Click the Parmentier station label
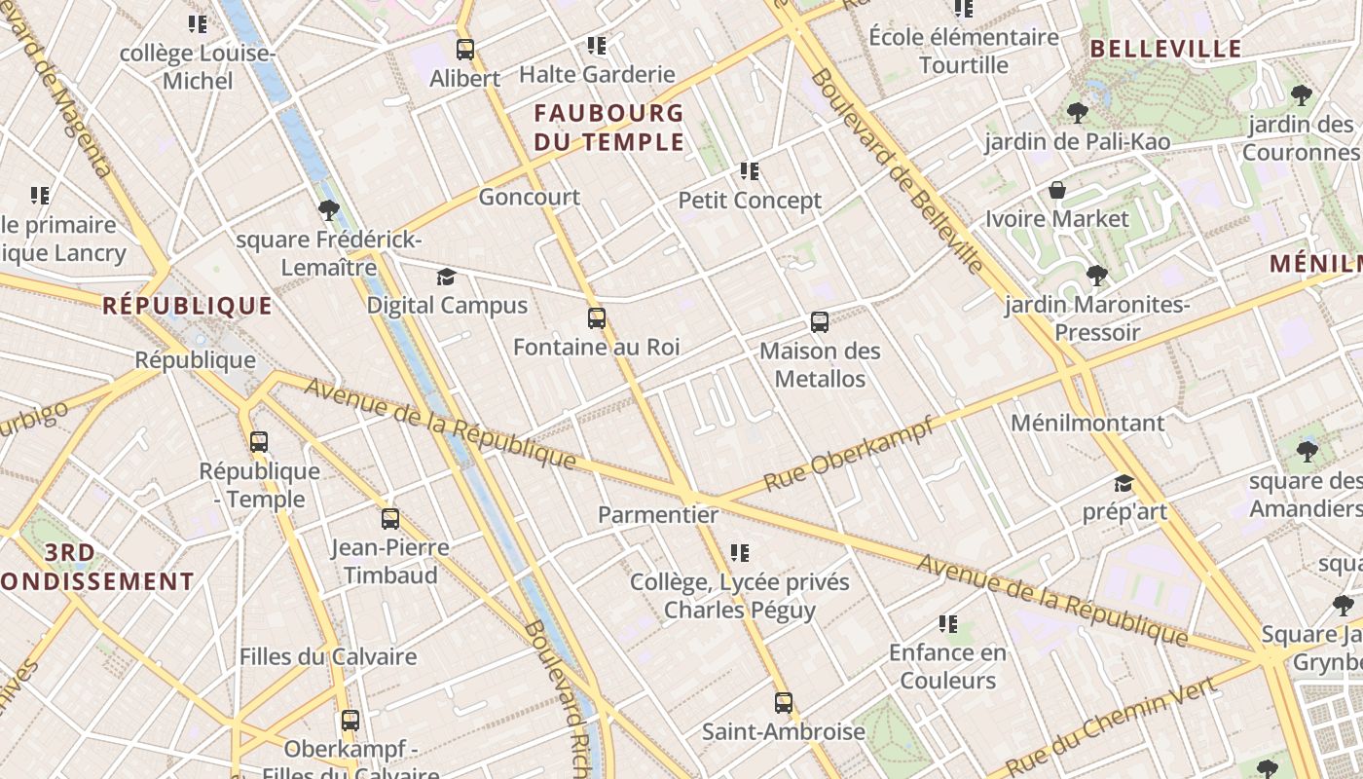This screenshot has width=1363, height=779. (658, 514)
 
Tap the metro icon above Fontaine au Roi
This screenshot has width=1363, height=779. (597, 318)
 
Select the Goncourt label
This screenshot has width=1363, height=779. (529, 197)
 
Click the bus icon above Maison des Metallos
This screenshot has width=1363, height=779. (820, 322)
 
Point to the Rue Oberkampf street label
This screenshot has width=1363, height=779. (848, 454)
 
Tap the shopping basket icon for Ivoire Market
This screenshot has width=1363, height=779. (1057, 190)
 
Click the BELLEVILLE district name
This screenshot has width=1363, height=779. (1165, 49)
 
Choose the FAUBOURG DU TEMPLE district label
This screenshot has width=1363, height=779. (609, 128)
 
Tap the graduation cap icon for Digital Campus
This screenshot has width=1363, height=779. (446, 278)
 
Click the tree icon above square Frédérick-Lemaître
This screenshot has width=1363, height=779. (329, 209)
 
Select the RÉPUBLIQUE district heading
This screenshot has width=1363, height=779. (188, 306)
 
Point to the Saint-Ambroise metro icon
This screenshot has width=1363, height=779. (784, 702)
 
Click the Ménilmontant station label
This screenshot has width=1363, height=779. (1087, 423)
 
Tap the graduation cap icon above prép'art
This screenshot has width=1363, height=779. (1124, 484)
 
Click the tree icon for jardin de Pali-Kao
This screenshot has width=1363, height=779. (1077, 113)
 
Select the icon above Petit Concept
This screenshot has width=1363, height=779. (750, 172)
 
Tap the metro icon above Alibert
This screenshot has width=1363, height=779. (465, 50)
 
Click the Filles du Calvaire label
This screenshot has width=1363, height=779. (328, 656)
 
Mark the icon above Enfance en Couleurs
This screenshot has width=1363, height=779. (948, 624)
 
